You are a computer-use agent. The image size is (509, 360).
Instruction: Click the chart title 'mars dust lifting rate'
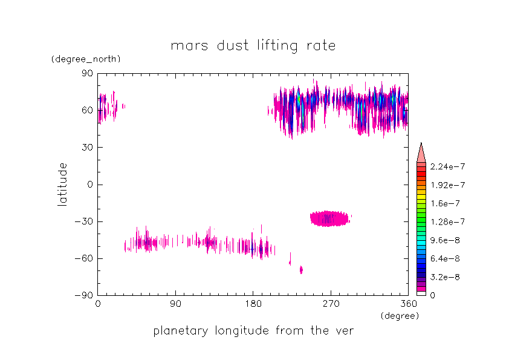(253, 45)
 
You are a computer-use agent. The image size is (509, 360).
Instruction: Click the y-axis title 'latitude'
(62, 184)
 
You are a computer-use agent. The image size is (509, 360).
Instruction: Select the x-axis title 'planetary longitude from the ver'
(253, 331)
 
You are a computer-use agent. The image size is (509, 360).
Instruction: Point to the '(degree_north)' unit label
(86, 59)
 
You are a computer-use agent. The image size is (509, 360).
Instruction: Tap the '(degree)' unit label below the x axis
(399, 316)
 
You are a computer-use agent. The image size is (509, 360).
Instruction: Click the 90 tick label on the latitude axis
(87, 73)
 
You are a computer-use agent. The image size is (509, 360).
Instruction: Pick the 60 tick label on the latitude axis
(87, 110)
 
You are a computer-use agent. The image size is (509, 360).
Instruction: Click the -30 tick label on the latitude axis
(85, 221)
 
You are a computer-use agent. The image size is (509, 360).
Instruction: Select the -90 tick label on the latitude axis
(85, 295)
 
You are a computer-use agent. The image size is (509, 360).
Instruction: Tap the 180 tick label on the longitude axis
(253, 305)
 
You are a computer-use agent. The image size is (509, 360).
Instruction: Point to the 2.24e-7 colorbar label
(447, 166)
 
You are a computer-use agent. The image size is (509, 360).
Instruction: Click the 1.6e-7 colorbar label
(444, 203)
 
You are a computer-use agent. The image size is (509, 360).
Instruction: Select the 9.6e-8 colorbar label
(444, 240)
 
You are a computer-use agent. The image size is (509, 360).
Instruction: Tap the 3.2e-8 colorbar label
(444, 277)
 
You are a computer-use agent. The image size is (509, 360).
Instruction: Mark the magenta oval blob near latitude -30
(329, 218)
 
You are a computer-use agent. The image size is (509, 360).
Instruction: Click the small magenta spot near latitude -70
(301, 269)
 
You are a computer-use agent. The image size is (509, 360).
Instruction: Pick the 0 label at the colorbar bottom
(432, 295)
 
